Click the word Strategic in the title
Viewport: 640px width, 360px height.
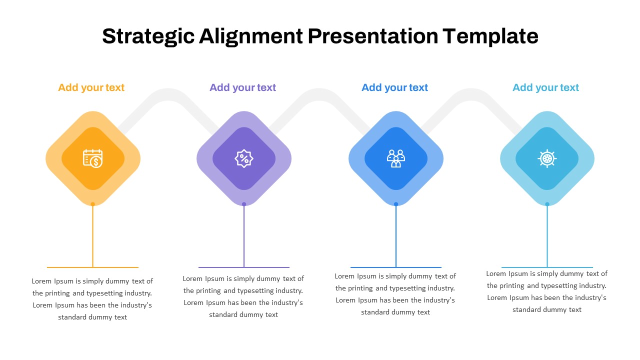(148, 36)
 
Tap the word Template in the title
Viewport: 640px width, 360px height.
(490, 36)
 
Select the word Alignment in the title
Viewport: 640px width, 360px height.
(251, 36)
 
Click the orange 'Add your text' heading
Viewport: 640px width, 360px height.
(91, 87)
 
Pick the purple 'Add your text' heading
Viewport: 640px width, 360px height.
(243, 87)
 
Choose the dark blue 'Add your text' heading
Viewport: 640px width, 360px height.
(394, 87)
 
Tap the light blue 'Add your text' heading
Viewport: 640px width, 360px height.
(545, 87)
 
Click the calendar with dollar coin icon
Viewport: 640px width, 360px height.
(93, 158)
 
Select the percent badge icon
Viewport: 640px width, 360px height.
(244, 158)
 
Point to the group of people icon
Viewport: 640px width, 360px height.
(395, 158)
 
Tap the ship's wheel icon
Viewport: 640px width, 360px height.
(547, 158)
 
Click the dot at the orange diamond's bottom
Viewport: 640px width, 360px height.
(93, 204)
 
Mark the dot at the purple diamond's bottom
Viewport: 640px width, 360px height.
(244, 204)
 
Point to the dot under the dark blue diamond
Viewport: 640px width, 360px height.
(396, 204)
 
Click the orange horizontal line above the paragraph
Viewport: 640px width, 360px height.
(93, 267)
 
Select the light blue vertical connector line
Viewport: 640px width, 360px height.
(547, 235)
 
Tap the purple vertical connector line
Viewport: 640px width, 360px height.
(244, 235)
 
